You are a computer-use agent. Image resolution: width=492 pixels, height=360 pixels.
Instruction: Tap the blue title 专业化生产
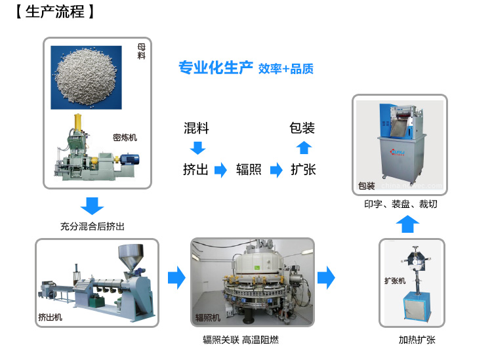[216, 68]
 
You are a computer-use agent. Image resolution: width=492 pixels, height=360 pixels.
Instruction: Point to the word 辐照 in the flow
[249, 170]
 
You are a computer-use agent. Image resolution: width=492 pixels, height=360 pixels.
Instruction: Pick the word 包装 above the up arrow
[302, 128]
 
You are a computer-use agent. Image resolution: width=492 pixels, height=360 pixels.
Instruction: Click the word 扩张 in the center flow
[303, 170]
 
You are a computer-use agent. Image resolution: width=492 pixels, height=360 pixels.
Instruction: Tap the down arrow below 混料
[197, 148]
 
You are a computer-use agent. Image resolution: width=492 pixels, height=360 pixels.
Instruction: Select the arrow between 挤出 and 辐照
[222, 170]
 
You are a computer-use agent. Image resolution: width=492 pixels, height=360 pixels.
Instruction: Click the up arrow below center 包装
[303, 148]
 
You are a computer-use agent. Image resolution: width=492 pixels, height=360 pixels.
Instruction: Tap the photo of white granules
[86, 77]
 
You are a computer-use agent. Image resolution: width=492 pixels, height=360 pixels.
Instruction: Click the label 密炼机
[125, 138]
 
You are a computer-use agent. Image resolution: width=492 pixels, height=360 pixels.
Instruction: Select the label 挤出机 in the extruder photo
[50, 317]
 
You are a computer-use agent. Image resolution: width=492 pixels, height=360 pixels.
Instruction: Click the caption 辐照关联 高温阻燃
[241, 340]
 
